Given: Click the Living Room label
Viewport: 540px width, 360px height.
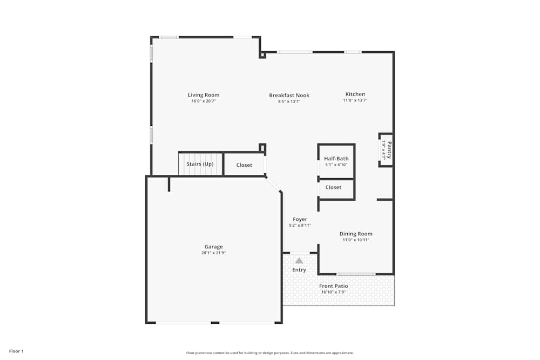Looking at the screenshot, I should click(x=204, y=95).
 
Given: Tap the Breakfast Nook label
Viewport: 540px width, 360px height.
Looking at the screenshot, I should click(x=289, y=96).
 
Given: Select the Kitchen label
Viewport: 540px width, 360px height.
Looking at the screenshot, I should click(x=355, y=94).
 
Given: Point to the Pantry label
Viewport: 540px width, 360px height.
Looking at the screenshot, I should click(x=388, y=150).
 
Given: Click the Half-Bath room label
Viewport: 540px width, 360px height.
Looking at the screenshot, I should click(x=336, y=159).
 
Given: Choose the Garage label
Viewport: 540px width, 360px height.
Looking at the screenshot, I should click(x=213, y=247).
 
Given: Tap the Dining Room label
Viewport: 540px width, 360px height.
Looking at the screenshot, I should click(x=356, y=234).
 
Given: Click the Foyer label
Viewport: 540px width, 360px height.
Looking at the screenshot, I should click(x=300, y=220).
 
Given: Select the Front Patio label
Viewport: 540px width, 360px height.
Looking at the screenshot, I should click(x=333, y=286).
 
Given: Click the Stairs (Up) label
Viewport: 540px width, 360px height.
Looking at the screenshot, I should click(x=200, y=164).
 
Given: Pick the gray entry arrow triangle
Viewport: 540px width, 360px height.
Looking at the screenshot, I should click(x=299, y=261).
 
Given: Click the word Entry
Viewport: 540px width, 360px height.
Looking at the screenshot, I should click(x=299, y=270).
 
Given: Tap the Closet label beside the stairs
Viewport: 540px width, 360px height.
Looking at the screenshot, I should click(x=244, y=165).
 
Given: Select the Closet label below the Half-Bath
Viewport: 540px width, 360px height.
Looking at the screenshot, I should click(x=333, y=187).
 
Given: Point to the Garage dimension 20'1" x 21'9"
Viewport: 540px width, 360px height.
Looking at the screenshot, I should click(x=213, y=253).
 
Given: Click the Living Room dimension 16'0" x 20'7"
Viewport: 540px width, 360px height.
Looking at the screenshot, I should click(x=204, y=101).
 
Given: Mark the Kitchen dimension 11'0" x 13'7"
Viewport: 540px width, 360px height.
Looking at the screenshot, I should click(x=355, y=100).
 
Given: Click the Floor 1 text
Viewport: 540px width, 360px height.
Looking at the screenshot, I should click(x=16, y=351).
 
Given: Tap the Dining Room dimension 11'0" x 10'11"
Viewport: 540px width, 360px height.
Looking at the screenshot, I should click(x=356, y=240).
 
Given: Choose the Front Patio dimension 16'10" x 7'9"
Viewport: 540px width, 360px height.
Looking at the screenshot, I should click(x=333, y=292).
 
